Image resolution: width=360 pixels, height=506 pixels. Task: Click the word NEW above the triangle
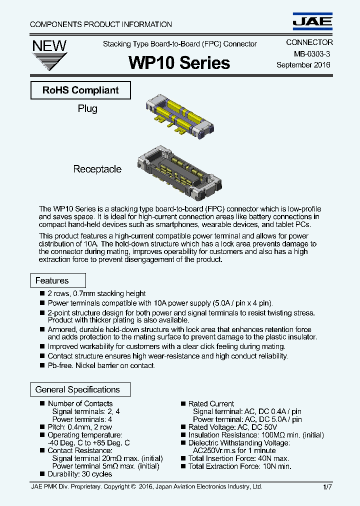point(49,45)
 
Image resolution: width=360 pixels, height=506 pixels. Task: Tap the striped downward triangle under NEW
point(49,62)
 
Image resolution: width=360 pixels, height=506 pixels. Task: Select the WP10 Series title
point(179,62)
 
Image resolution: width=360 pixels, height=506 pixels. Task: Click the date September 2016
point(303,65)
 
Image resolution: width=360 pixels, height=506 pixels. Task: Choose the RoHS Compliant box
point(80,90)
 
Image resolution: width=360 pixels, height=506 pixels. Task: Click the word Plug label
point(87,108)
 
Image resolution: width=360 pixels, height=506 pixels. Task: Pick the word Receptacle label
point(97,169)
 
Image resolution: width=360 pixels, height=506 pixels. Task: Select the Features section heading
point(52,280)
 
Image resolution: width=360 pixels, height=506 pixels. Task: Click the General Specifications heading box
point(77,389)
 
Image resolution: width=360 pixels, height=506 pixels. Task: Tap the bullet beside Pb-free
point(42,366)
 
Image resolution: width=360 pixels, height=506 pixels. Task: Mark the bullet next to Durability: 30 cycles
point(42,474)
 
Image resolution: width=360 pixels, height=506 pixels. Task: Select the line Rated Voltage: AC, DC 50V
point(232,427)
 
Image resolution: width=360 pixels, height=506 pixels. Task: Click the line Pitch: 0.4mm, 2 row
point(80,427)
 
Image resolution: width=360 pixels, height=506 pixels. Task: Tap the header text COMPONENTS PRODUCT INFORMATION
point(101,24)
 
